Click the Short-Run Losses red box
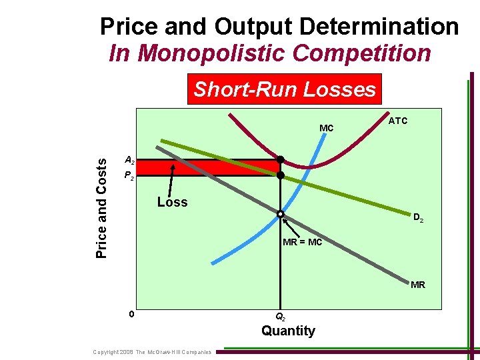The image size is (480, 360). point(285,89)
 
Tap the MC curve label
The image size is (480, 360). point(327,127)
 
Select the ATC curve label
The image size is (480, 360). point(398,121)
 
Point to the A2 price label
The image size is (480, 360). point(129,161)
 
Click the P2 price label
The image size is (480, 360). point(129,177)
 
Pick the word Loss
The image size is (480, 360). point(172,202)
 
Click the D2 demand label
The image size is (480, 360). point(418,217)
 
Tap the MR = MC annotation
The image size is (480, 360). point(302,242)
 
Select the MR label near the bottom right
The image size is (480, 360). point(418,285)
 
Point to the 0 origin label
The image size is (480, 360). point(133,314)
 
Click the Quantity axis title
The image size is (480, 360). point(288,331)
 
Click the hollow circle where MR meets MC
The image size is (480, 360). point(281,214)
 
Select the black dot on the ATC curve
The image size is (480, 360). point(281,159)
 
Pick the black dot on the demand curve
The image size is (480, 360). point(281,175)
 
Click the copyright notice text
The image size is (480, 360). point(152,352)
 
